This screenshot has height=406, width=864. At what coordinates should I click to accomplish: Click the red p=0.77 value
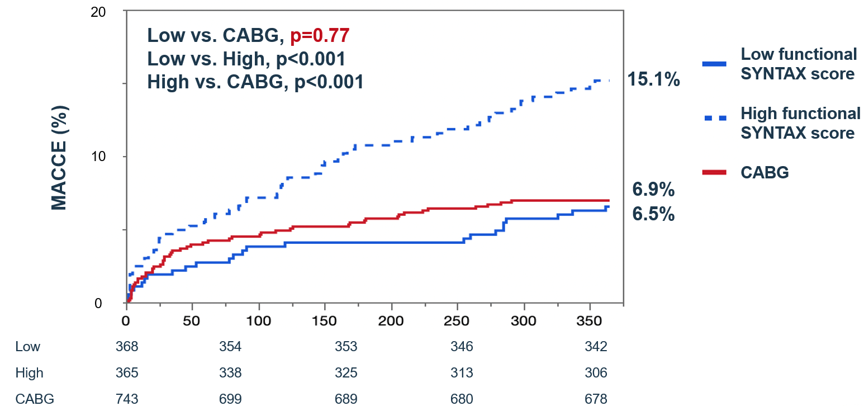320,36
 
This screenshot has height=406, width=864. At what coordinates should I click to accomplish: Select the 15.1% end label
653,80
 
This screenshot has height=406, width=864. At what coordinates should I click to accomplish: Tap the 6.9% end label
653,190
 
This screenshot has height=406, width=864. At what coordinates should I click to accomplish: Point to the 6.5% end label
653,214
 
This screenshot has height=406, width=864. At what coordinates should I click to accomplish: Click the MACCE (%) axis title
59,158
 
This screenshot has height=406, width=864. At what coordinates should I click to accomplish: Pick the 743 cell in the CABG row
126,399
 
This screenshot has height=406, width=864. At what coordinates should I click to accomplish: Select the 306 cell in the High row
596,373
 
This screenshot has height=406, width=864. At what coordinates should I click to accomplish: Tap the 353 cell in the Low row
346,347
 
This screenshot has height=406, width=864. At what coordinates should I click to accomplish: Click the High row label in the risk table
29,373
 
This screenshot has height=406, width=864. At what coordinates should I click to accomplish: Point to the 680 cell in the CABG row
462,399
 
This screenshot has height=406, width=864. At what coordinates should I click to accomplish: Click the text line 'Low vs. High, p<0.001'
246,59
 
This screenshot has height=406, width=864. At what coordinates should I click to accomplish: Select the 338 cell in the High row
230,373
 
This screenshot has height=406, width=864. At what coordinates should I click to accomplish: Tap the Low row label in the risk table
28,347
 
